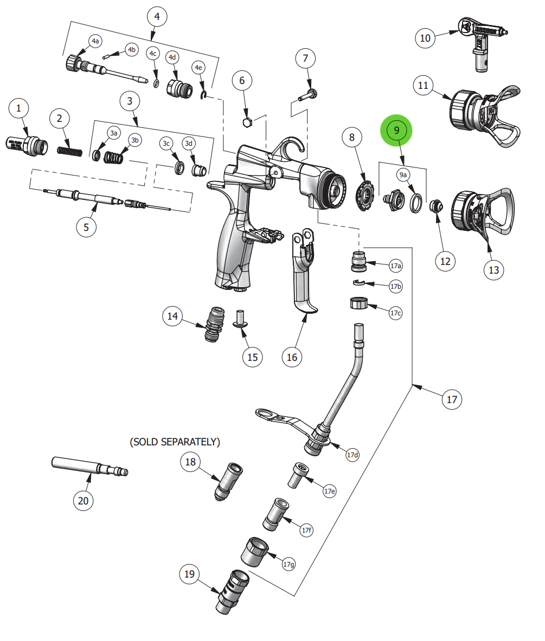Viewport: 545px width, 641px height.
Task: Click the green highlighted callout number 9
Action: pos(396,131)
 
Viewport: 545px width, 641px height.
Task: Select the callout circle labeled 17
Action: pos(452,400)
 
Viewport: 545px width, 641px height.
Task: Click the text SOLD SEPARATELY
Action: pos(175,443)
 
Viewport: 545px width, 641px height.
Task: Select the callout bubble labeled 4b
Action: pos(131,50)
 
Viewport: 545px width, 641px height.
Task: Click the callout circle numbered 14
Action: pos(173,316)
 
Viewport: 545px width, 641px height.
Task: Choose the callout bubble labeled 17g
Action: pos(289,564)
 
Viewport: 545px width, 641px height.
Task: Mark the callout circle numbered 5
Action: pos(86,227)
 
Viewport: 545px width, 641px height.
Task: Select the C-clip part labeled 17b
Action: pos(359,282)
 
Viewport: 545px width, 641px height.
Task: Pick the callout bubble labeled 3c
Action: pos(167,144)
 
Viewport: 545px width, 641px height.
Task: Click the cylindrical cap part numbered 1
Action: pos(27,145)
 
